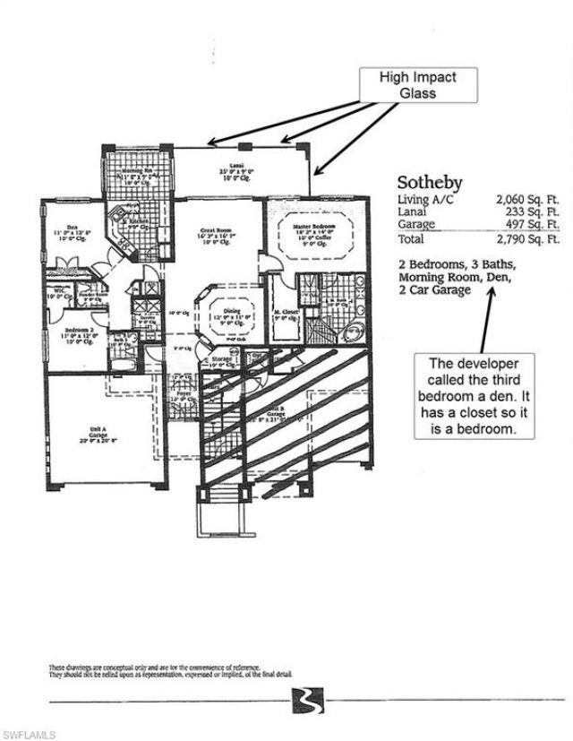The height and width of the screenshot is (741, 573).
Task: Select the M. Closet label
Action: tap(285, 313)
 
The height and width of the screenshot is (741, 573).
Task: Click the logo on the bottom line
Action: tap(303, 699)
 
